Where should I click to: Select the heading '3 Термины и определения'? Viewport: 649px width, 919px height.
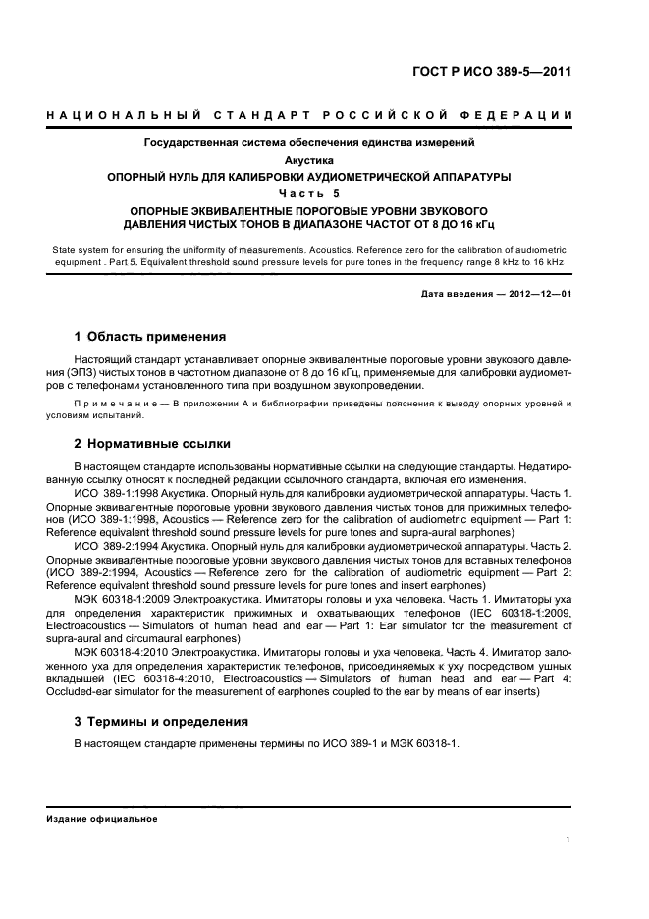tap(161, 721)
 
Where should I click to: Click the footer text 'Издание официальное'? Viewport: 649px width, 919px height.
tap(102, 818)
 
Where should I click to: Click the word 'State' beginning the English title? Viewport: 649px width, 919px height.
tap(65, 251)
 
